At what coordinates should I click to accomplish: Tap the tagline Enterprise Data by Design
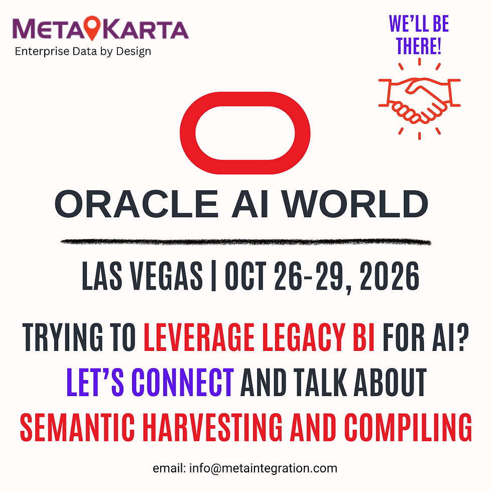click(83, 51)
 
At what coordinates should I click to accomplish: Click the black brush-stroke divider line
click(245, 242)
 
